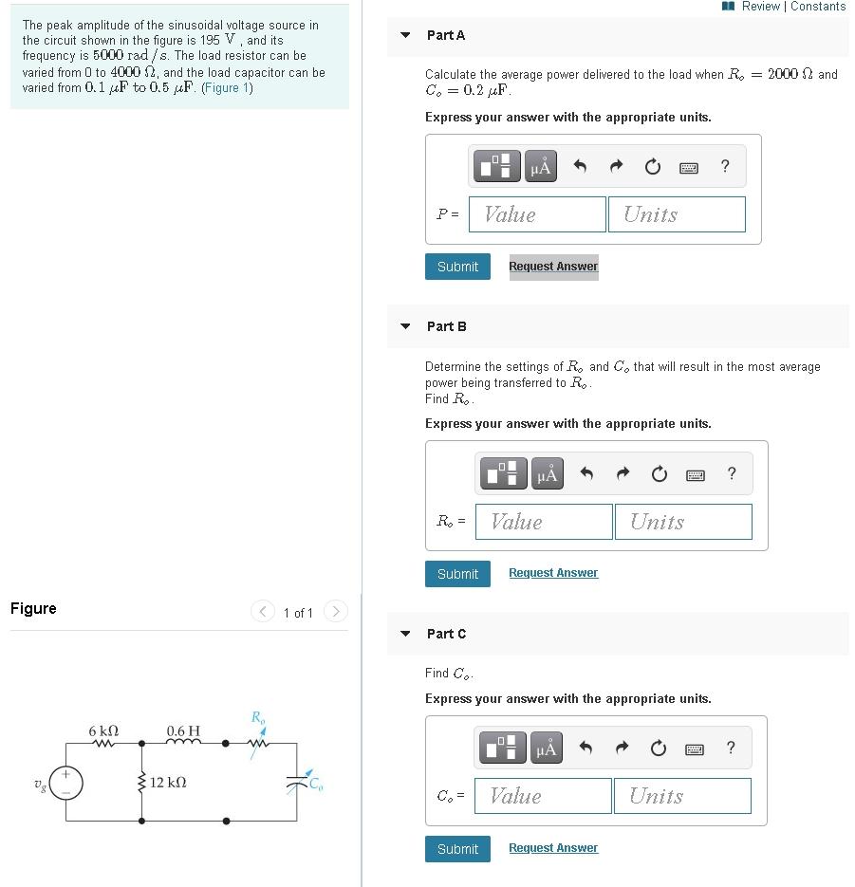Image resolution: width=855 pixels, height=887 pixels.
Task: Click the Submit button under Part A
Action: [x=457, y=267]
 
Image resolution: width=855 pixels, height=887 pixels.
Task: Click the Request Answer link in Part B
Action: [x=553, y=573]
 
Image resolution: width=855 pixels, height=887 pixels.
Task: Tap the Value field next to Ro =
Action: [x=545, y=522]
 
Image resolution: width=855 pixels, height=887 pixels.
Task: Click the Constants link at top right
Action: [x=818, y=7]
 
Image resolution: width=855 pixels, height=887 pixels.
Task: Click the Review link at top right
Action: [x=760, y=7]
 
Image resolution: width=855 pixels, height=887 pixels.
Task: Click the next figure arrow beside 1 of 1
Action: [x=336, y=612]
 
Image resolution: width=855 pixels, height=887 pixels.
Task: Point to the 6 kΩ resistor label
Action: [x=103, y=731]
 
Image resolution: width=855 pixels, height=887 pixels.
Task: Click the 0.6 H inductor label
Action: [x=183, y=731]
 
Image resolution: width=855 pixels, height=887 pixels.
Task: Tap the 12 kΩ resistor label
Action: [x=167, y=783]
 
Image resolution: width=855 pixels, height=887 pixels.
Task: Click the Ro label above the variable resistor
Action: [x=257, y=717]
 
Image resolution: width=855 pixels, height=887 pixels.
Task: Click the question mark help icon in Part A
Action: [x=725, y=167]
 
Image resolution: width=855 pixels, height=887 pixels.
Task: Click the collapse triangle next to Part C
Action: [x=406, y=634]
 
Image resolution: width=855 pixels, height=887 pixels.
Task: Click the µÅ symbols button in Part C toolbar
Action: [x=546, y=748]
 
